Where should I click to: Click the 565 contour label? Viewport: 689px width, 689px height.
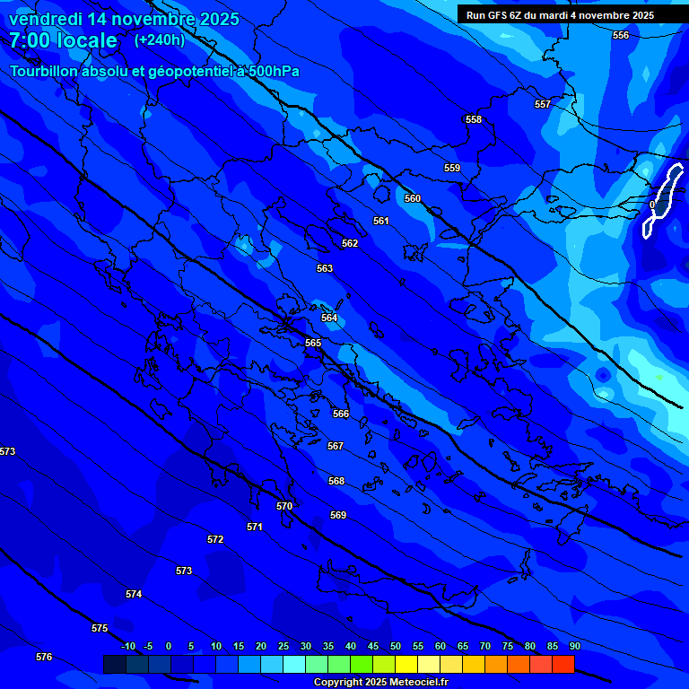(313, 344)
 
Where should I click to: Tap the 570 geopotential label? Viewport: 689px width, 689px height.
(284, 507)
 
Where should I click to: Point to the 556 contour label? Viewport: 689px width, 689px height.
(621, 35)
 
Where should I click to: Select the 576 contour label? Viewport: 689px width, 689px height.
(44, 658)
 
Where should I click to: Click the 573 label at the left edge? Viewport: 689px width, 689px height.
(7, 451)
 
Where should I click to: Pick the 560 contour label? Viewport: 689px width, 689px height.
(413, 198)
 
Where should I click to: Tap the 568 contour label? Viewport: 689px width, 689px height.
(336, 482)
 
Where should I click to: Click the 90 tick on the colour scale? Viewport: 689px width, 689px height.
(574, 647)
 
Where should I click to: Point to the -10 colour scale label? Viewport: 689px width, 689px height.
(128, 647)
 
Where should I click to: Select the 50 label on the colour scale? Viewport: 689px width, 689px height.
(396, 647)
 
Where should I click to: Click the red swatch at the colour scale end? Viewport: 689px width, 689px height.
(563, 664)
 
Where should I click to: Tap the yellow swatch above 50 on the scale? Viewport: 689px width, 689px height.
(406, 664)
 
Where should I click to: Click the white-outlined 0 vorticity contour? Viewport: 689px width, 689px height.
(662, 202)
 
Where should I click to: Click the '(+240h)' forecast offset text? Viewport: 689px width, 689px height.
(160, 39)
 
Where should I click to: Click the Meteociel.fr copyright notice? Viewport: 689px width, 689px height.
(380, 683)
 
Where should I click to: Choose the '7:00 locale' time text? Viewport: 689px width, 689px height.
(63, 40)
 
